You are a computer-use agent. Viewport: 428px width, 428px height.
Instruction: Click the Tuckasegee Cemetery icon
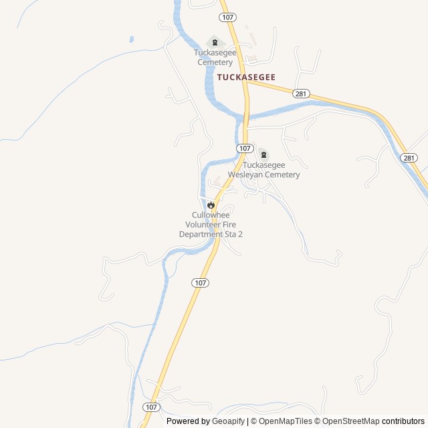click(x=215, y=42)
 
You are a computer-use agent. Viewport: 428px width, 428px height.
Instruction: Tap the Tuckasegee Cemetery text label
click(x=215, y=58)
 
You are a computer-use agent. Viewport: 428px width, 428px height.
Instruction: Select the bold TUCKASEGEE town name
click(x=246, y=78)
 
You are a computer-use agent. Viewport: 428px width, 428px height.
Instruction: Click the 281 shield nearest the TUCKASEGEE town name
click(x=300, y=94)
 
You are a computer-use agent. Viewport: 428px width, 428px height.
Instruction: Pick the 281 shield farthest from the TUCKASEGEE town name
click(x=409, y=157)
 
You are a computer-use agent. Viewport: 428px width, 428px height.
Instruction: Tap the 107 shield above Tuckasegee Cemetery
click(x=226, y=16)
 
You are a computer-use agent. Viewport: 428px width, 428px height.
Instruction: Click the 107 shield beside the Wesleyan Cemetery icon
click(x=245, y=148)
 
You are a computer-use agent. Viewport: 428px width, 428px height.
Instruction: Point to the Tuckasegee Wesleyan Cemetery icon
click(x=263, y=155)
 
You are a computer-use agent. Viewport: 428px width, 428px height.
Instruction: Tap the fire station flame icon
click(x=211, y=205)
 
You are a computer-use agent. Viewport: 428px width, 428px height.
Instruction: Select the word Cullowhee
click(x=211, y=215)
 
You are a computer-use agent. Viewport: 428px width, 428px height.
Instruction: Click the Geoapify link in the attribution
click(x=229, y=421)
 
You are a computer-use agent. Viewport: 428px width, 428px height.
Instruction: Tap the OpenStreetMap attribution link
click(x=350, y=421)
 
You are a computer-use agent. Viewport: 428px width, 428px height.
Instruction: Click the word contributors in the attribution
click(x=403, y=421)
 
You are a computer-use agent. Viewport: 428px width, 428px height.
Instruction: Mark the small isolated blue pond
click(x=131, y=39)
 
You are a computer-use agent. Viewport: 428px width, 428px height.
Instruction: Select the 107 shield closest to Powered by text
click(x=151, y=407)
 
